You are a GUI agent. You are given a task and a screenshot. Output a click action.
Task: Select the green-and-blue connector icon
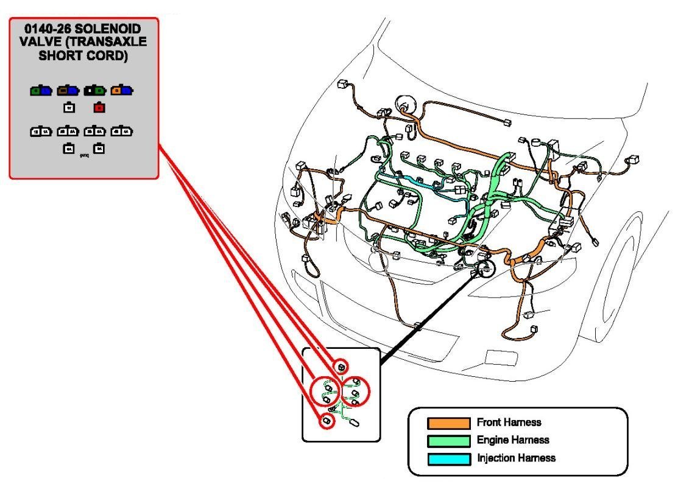tap(41, 91)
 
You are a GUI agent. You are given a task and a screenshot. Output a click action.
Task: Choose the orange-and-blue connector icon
tap(122, 91)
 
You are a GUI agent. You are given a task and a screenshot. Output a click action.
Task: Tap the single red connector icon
tap(99, 108)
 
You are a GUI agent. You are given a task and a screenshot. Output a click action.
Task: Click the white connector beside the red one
tap(69, 108)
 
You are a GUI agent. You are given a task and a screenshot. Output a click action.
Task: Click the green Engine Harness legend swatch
tap(448, 440)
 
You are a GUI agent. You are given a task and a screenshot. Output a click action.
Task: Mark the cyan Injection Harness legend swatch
tap(448, 458)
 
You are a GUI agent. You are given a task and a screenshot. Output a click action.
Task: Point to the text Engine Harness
tap(513, 440)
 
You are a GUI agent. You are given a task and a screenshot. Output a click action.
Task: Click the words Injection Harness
tap(516, 458)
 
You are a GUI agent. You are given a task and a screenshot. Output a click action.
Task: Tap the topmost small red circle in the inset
tap(342, 367)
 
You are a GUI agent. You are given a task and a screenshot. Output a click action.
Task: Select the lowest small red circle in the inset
tap(327, 421)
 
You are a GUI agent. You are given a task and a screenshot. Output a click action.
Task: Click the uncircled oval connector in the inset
tap(354, 424)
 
